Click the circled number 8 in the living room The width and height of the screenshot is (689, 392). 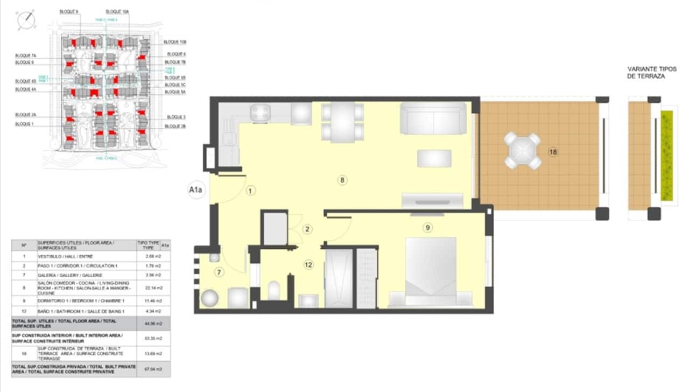click(342, 180)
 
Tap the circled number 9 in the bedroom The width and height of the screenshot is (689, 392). click(427, 227)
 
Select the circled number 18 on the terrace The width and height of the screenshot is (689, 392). click(553, 152)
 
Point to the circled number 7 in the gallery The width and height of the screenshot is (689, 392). click(219, 272)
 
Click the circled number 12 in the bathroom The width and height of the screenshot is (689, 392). click(308, 264)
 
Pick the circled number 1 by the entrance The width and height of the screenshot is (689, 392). click(250, 190)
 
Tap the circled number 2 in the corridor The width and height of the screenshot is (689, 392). click(307, 229)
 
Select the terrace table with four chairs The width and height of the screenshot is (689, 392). click(522, 151)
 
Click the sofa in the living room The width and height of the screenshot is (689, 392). click(433, 118)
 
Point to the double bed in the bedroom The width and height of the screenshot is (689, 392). click(431, 272)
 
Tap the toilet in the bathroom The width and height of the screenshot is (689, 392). click(273, 291)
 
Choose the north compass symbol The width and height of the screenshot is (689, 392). click(26, 20)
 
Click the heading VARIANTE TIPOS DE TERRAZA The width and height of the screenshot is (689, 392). click(646, 73)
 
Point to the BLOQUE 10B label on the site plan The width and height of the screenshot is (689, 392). click(175, 41)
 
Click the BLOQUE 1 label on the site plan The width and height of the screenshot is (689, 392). click(24, 124)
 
